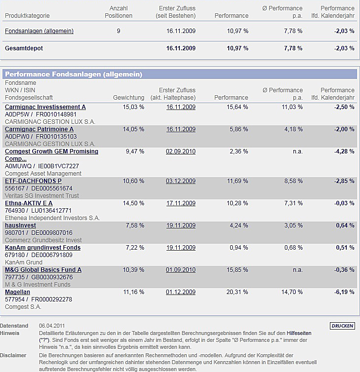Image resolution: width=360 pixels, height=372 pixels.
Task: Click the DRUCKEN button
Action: click(x=342, y=326)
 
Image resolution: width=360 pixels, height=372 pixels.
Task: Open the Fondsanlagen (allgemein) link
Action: click(x=39, y=31)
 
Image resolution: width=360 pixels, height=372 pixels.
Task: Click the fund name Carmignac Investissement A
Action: click(x=45, y=107)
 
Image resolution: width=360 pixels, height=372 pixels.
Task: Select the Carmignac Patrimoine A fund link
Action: click(x=39, y=129)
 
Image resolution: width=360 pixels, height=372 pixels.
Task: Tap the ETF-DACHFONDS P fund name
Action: click(x=33, y=181)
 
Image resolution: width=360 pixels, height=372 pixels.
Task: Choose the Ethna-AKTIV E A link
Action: click(x=29, y=203)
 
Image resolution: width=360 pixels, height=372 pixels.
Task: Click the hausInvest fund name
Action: click(x=20, y=225)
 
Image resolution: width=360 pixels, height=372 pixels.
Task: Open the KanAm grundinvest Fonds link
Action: click(x=42, y=248)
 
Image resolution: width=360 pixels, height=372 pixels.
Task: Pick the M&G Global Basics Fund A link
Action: click(x=43, y=270)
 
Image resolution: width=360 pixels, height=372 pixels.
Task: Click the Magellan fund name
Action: click(x=17, y=292)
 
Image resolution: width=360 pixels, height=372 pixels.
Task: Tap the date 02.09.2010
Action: click(x=181, y=151)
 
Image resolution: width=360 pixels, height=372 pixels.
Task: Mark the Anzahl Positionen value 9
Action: click(x=119, y=31)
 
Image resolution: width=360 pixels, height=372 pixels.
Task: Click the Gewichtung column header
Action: click(x=128, y=98)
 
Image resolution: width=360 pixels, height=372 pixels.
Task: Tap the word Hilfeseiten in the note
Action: click(x=304, y=334)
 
